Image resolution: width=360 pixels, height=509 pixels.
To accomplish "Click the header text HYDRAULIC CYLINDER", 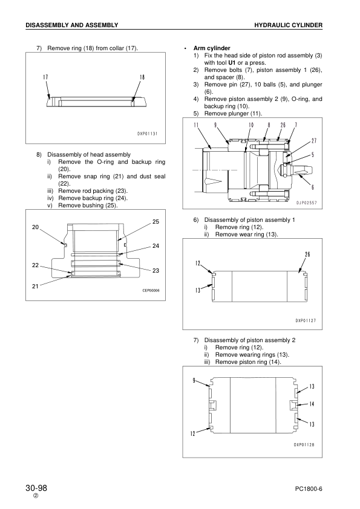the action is [288, 25].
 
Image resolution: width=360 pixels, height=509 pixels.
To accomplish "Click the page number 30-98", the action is [36, 488].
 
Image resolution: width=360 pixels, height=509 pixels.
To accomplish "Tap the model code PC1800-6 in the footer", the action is [309, 489].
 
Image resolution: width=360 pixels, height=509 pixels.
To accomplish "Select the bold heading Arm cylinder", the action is [212, 48].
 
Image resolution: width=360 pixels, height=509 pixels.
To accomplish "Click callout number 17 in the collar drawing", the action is [45, 77].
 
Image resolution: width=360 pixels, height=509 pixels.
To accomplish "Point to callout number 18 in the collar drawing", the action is [142, 77].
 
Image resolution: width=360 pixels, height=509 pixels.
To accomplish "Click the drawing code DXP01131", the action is [147, 134].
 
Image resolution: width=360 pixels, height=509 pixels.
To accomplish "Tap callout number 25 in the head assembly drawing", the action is [156, 222].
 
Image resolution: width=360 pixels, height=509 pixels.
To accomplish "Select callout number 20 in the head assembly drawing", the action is [36, 227].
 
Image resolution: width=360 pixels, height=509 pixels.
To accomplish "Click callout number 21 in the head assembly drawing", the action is [36, 287].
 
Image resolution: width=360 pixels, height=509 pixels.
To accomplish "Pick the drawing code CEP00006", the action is [151, 290].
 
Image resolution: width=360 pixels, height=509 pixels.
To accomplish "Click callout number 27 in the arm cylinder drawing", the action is [314, 141].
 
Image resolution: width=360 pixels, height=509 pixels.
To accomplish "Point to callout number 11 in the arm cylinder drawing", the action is [196, 125].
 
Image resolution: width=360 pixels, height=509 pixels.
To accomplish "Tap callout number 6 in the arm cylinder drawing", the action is [313, 187].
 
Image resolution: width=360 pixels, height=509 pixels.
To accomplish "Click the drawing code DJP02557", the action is [306, 203].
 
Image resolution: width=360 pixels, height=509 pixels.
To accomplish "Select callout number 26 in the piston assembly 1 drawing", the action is [307, 254].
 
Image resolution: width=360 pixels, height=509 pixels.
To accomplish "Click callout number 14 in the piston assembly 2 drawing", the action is [312, 404].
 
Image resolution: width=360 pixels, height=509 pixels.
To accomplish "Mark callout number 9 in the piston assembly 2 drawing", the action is [194, 380].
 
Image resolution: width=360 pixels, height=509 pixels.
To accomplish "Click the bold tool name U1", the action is [232, 63].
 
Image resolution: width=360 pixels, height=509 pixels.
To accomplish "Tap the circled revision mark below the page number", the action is [36, 496].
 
